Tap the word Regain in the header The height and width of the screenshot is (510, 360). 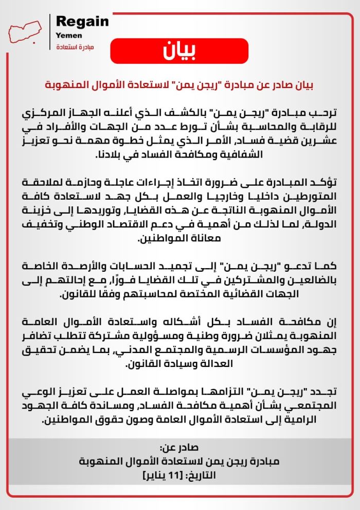pyautogui.click(x=82, y=22)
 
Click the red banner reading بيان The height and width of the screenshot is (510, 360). pyautogui.click(x=180, y=50)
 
